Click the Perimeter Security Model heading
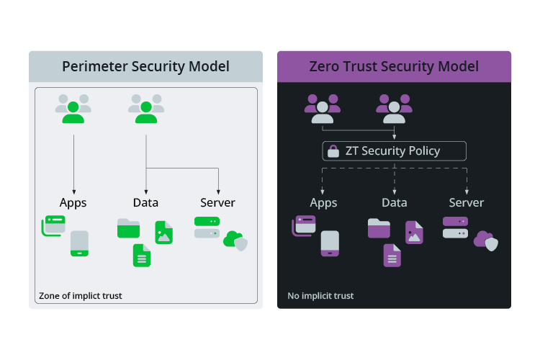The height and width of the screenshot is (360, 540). pyautogui.click(x=145, y=67)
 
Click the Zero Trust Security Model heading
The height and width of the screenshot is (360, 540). pyautogui.click(x=394, y=67)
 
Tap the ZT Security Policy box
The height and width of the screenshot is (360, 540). pyautogui.click(x=394, y=151)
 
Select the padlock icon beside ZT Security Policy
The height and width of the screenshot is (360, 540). pyautogui.click(x=333, y=151)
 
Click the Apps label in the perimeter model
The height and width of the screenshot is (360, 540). pyautogui.click(x=73, y=202)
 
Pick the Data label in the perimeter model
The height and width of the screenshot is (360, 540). pyautogui.click(x=145, y=202)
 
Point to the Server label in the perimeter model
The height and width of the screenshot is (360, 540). pyautogui.click(x=217, y=202)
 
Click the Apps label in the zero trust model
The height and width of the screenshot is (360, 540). pyautogui.click(x=323, y=202)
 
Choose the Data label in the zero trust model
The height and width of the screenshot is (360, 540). pyautogui.click(x=394, y=202)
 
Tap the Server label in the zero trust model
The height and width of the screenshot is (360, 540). pyautogui.click(x=466, y=202)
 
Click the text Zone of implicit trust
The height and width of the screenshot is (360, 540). pyautogui.click(x=81, y=295)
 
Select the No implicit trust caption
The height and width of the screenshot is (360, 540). pyautogui.click(x=320, y=295)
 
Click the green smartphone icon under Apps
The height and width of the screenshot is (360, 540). pyautogui.click(x=79, y=243)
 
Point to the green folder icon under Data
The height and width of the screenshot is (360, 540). pyautogui.click(x=128, y=228)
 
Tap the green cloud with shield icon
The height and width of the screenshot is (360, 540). pyautogui.click(x=235, y=240)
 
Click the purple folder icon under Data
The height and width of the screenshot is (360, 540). pyautogui.click(x=379, y=228)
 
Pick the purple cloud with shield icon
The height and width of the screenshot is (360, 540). pyautogui.click(x=486, y=240)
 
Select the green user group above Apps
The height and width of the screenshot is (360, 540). pyautogui.click(x=73, y=109)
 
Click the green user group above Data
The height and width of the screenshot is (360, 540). pyautogui.click(x=145, y=109)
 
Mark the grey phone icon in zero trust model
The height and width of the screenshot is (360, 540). pyautogui.click(x=330, y=243)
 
